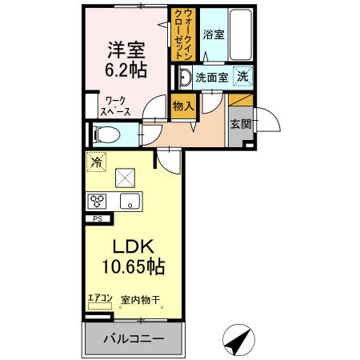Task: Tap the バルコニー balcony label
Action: [133, 338]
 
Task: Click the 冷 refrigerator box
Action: [96, 162]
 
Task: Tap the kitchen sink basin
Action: [130, 200]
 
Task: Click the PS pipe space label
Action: [98, 218]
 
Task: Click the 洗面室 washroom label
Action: [212, 78]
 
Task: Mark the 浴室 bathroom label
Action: [213, 34]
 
